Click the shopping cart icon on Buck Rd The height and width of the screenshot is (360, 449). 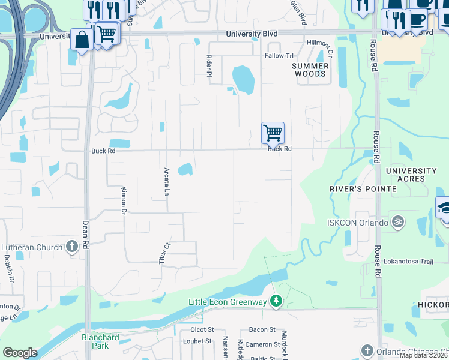click(x=273, y=133)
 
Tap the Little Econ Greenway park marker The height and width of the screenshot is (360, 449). click(x=276, y=300)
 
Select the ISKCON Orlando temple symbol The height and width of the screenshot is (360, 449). click(x=396, y=222)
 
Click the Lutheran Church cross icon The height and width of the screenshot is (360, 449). click(x=71, y=247)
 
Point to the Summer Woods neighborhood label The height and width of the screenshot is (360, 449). click(x=310, y=70)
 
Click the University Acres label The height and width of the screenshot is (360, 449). click(x=414, y=175)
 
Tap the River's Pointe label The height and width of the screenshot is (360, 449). click(x=363, y=188)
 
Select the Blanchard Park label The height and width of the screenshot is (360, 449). click(x=100, y=341)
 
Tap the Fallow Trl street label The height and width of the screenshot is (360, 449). click(x=279, y=55)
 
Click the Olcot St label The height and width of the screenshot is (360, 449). click(x=202, y=329)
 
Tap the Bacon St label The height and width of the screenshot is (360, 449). click(x=262, y=329)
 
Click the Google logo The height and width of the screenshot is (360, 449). click(x=20, y=353)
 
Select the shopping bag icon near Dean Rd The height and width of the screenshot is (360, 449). click(x=81, y=40)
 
